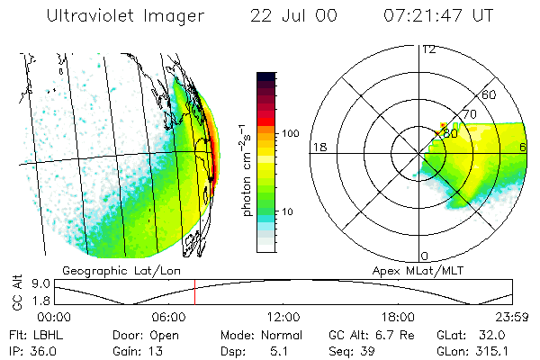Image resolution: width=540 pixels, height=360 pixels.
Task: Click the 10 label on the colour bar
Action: click(x=292, y=211)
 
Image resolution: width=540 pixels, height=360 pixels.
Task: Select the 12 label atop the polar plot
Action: click(x=428, y=49)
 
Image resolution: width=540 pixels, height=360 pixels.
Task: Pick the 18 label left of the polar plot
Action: click(x=318, y=147)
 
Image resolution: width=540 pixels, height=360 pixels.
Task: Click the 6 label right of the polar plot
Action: click(x=524, y=147)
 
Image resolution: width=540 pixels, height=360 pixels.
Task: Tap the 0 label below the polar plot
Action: click(x=424, y=256)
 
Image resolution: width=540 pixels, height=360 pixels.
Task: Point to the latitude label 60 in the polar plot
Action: click(x=490, y=94)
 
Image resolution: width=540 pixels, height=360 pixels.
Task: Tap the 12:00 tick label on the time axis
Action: click(x=283, y=317)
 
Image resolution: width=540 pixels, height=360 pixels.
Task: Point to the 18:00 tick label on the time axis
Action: click(x=398, y=317)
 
